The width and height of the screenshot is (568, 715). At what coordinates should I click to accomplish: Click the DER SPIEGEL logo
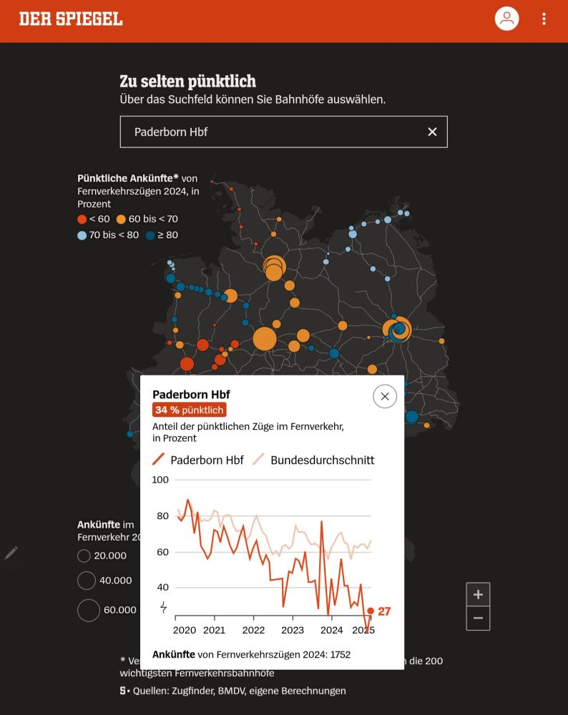(x=71, y=19)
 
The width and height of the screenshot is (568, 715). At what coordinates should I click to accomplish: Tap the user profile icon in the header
(x=506, y=19)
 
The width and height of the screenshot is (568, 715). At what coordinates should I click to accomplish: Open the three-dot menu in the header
(x=544, y=19)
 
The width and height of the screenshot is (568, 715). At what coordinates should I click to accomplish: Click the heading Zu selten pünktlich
(x=187, y=81)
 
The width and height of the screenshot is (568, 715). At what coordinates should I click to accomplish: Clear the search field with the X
(x=432, y=132)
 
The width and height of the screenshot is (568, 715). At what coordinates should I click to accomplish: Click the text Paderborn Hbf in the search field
(x=171, y=132)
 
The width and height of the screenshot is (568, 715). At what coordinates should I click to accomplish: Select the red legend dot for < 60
(x=82, y=219)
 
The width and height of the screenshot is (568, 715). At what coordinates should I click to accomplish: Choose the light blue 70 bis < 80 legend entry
(x=108, y=235)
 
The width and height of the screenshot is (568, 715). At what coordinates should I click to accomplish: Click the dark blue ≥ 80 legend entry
(x=162, y=235)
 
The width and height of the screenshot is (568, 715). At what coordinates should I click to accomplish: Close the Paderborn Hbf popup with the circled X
(x=385, y=396)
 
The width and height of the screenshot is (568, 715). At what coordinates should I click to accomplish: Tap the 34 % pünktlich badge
(x=190, y=410)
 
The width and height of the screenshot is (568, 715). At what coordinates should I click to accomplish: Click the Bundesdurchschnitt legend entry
(x=313, y=460)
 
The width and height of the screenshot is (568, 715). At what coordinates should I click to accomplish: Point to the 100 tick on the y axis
(x=161, y=480)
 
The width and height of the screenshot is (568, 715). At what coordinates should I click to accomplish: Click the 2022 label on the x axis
(x=253, y=630)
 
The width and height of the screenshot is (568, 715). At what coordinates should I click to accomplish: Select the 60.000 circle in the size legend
(x=89, y=610)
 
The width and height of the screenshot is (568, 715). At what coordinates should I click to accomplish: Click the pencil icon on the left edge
(x=11, y=553)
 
